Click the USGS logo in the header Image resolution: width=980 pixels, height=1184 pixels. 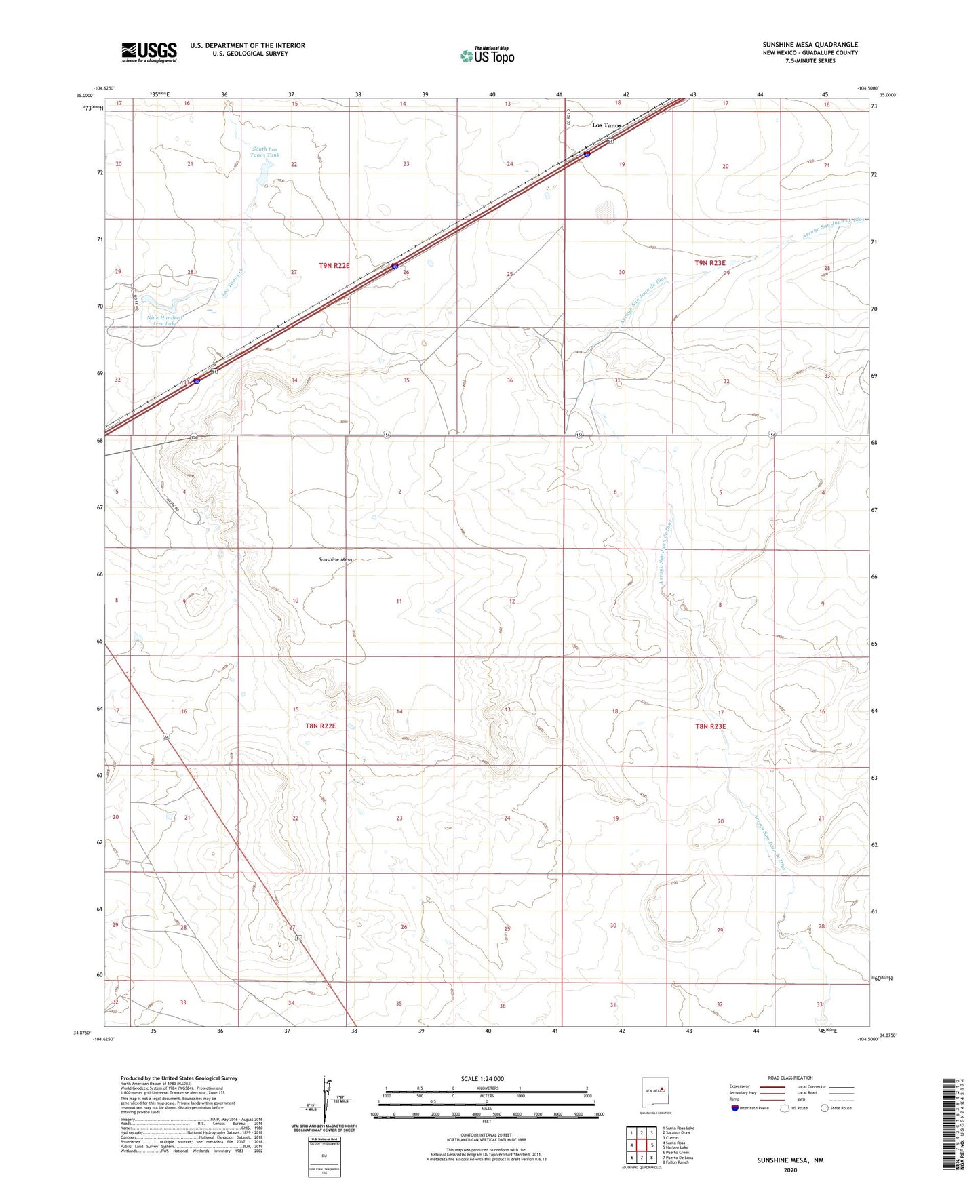[x=149, y=52]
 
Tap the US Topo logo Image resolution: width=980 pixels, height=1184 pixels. [x=486, y=56]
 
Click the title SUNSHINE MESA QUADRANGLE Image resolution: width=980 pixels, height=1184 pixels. [x=810, y=45]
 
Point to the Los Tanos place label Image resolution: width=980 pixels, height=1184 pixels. [x=606, y=125]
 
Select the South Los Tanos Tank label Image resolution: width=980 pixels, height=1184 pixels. [x=264, y=152]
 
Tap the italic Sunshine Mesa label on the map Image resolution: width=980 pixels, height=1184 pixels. [x=336, y=560]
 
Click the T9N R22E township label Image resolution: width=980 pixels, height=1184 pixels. [x=334, y=266]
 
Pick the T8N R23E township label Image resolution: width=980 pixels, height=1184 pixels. [x=710, y=726]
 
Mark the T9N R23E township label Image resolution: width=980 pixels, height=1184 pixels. [x=709, y=263]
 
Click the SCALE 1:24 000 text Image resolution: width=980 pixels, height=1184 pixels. [x=482, y=1079]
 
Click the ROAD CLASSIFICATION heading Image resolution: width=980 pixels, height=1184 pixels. [x=791, y=1078]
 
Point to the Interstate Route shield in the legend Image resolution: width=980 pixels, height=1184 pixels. [x=736, y=1109]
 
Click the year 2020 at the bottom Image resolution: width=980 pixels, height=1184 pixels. [x=790, y=1170]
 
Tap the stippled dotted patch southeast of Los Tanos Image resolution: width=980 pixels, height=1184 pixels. [x=605, y=211]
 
